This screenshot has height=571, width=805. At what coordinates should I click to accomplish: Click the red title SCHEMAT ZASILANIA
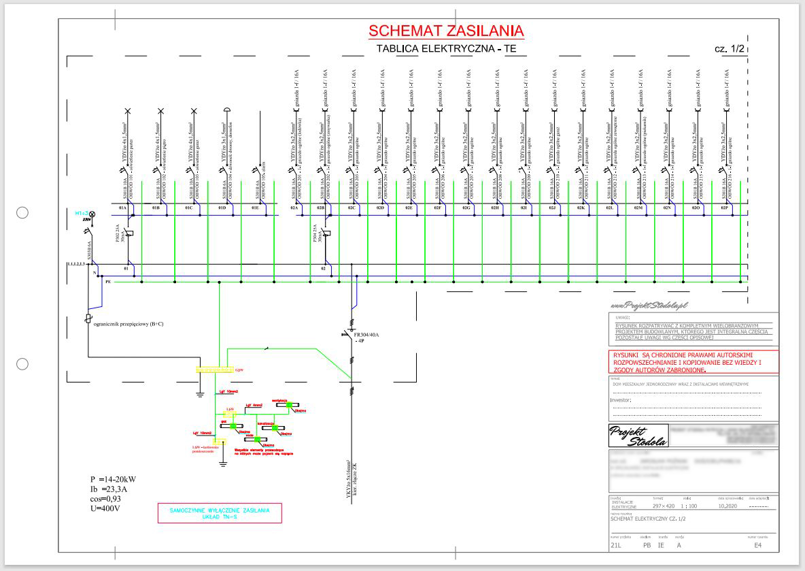446,31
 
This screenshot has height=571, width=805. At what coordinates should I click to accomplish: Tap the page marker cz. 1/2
730,49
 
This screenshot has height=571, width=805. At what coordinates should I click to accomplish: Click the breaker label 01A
124,207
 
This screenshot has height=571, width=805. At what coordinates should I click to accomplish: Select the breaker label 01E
256,207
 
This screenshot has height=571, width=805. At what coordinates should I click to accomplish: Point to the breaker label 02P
725,207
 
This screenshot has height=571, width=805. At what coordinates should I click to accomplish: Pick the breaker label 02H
495,207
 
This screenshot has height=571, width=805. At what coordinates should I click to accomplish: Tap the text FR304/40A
368,334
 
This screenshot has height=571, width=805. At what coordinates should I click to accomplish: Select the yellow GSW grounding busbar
214,370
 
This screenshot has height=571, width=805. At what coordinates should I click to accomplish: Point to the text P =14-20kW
108,479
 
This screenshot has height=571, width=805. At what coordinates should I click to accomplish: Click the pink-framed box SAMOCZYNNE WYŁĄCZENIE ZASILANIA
220,513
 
